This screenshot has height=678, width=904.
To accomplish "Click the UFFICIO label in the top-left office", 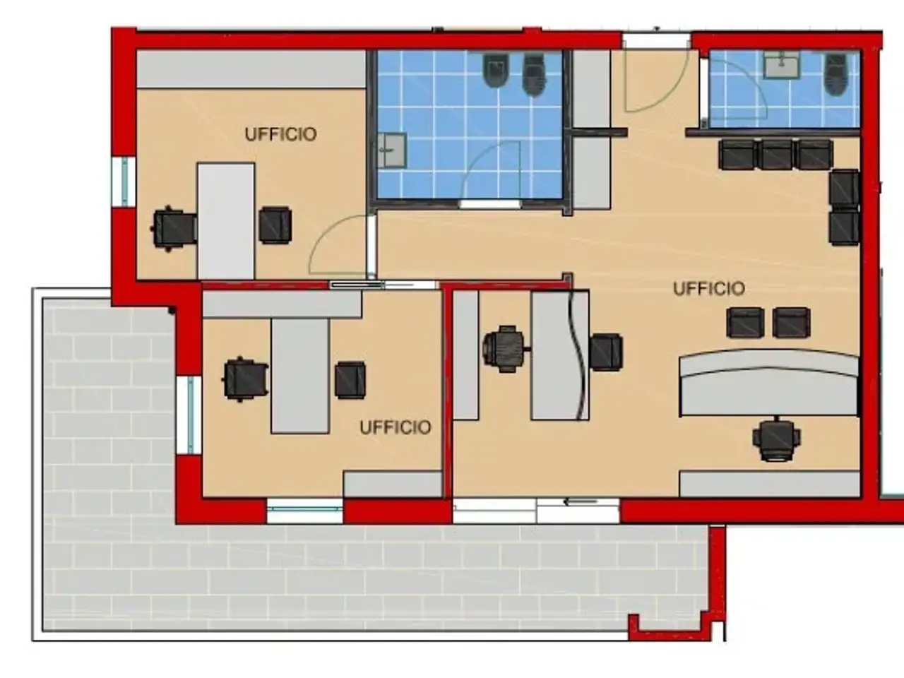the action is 281,135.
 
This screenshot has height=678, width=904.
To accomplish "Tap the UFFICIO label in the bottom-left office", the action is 395,428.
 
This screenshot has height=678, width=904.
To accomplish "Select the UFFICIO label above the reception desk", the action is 709,289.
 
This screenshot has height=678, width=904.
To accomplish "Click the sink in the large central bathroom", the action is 392,150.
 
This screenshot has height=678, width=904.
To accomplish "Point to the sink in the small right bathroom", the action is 782,65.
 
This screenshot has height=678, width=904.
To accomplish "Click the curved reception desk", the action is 768,382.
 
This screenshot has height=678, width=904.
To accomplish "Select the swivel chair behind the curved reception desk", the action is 777,439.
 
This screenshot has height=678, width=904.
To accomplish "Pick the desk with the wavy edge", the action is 559,355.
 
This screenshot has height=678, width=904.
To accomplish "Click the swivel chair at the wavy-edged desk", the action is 505,349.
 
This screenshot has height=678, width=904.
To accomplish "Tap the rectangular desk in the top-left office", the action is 226,221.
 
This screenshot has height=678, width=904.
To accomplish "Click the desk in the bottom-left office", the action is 300,376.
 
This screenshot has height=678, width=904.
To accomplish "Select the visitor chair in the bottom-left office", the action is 350,380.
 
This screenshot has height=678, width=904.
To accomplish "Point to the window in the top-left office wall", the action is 124,182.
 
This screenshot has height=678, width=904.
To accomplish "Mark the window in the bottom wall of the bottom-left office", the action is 305,511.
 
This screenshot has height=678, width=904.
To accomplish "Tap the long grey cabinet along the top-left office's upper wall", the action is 251,69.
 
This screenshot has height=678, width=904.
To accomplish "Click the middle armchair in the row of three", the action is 776,155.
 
